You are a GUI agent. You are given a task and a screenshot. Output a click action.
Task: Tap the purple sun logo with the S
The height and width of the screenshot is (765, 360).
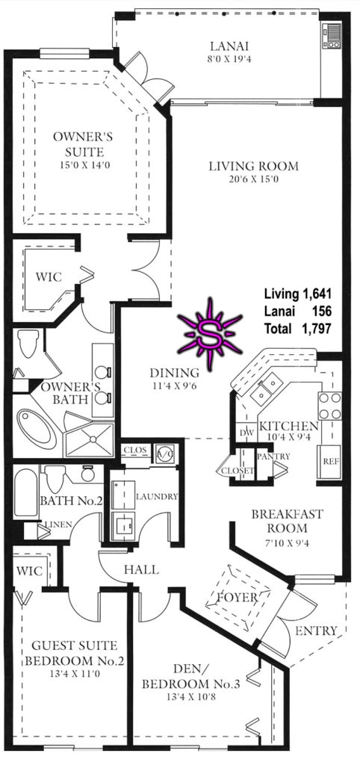(x=210, y=334)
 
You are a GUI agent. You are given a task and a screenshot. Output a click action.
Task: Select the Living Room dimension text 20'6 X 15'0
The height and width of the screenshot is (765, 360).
(x=253, y=179)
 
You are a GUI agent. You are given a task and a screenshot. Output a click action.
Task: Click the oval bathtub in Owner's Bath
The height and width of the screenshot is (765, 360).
(x=37, y=429)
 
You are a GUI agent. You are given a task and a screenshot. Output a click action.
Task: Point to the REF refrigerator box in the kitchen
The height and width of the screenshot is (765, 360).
(x=330, y=462)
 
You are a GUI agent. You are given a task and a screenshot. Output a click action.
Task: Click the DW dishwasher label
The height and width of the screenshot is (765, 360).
(x=244, y=433)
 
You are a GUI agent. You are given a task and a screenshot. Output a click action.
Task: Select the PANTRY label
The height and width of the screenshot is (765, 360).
(x=273, y=456)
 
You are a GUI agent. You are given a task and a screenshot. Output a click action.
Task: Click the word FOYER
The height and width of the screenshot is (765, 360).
(x=238, y=597)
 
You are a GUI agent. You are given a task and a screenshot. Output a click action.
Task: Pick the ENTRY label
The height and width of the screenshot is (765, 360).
(x=316, y=631)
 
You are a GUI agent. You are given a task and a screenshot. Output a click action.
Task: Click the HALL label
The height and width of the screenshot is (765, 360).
(x=141, y=569)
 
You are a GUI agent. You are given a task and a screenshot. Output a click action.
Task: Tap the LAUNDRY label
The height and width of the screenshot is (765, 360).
(x=157, y=497)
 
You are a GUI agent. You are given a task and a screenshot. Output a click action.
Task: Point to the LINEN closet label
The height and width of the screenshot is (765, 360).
(x=58, y=524)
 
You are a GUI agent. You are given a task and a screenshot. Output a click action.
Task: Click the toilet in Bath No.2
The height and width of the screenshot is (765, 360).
(x=55, y=477)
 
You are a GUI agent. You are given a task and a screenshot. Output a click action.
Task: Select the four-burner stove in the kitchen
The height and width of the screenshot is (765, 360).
(x=330, y=406)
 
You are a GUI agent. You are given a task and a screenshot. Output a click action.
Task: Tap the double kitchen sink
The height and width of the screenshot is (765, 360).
(x=266, y=389)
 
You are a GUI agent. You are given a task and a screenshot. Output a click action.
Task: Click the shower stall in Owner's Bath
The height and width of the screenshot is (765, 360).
(x=90, y=441)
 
